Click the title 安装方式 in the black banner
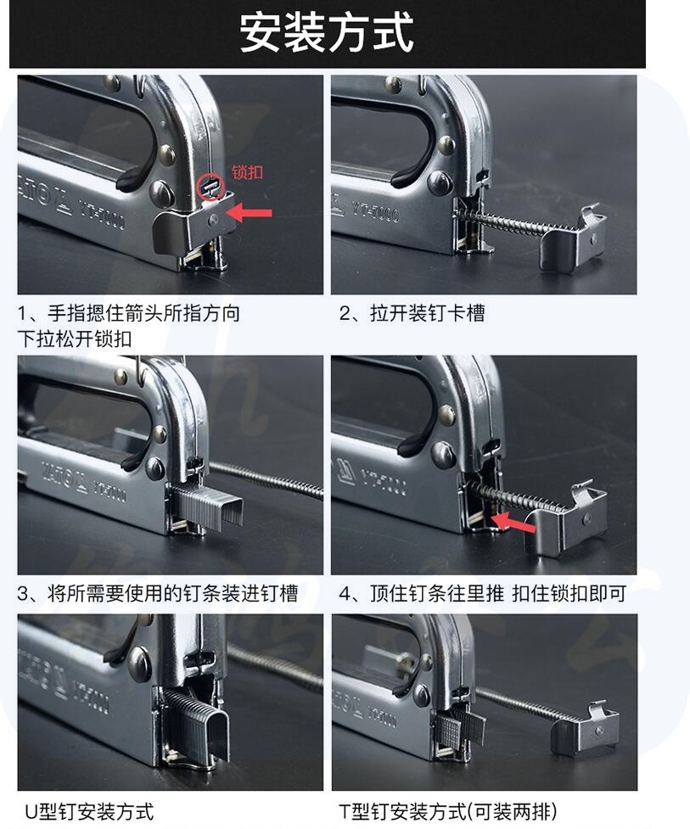click(326, 33)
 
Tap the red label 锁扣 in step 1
click(248, 172)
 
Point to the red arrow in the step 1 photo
click(249, 212)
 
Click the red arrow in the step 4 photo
click(513, 523)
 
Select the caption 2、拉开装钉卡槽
click(412, 313)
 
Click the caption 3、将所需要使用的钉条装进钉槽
click(158, 593)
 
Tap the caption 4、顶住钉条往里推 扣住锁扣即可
click(483, 593)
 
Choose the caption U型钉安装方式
click(89, 811)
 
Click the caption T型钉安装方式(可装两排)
click(448, 811)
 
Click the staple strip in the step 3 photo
click(207, 503)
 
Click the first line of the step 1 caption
click(129, 313)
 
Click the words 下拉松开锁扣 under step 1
click(75, 339)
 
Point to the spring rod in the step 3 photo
click(267, 479)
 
